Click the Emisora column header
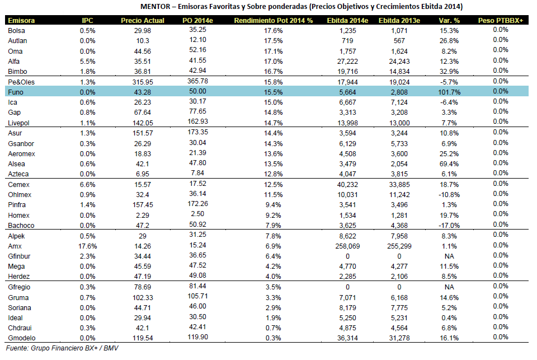pos(21,21)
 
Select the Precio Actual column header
pos(143,21)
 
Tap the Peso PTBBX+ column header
pos(500,21)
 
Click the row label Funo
pos(16,92)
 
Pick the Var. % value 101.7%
pos(449,92)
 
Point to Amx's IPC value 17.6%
pos(87,246)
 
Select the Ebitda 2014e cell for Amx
pos(347,246)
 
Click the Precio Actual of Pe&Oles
pos(143,82)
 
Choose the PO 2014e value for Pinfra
pos(197,204)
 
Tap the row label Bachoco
pos(21,226)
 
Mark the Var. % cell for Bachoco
pos(449,226)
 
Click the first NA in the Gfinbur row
pos(449,256)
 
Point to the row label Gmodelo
pos(22,338)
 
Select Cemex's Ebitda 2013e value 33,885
pos(399,184)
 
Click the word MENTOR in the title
pos(155,7)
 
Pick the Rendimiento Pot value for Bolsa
pos(273,31)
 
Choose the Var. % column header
pos(449,21)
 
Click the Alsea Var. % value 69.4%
pos(449,164)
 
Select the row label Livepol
pos(19,123)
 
